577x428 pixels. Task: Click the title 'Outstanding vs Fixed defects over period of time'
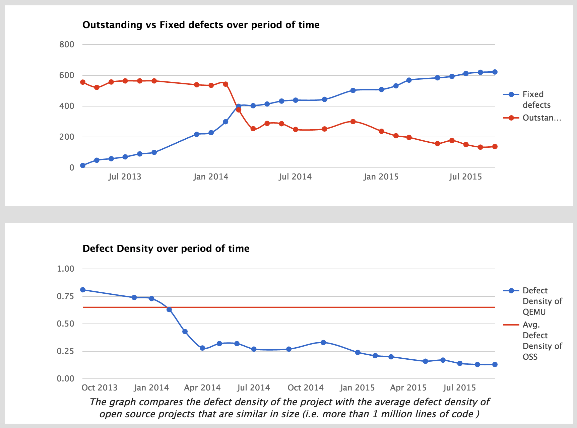[201, 25]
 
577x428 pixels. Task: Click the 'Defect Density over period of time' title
[166, 248]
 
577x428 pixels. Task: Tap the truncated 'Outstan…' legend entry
[541, 118]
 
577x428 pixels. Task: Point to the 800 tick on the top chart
[67, 45]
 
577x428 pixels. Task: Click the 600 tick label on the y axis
[67, 75]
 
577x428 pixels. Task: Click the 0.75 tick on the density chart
[65, 296]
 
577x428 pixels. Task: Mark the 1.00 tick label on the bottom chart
[65, 269]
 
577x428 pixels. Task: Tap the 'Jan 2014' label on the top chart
[210, 177]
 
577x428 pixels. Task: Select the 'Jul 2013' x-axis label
[125, 177]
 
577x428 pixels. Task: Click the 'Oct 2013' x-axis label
[100, 388]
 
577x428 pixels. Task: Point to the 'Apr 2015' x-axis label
[408, 388]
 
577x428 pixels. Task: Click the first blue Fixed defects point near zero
[83, 165]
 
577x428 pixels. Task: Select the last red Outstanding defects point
[495, 146]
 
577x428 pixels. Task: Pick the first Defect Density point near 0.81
[83, 290]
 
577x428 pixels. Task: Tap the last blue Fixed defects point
[495, 72]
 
